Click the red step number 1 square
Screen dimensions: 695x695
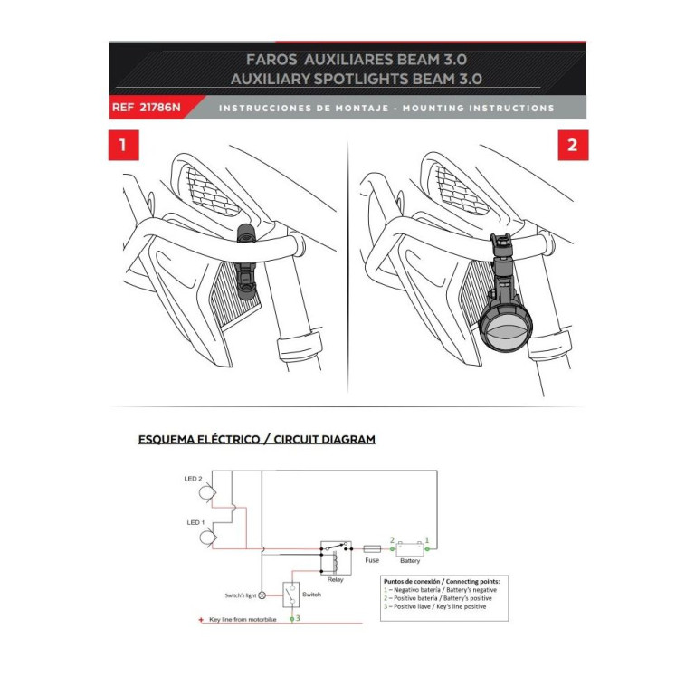click(x=124, y=145)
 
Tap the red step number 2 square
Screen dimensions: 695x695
click(x=573, y=145)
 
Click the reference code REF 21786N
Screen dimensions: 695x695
click(x=147, y=108)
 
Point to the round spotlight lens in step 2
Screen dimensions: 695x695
click(x=505, y=328)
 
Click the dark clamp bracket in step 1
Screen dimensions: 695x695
click(x=246, y=262)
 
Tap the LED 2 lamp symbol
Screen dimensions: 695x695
click(x=206, y=493)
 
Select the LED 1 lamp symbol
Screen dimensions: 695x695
click(x=206, y=538)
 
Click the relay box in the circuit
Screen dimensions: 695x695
click(x=337, y=557)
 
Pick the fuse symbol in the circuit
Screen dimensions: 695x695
click(x=372, y=549)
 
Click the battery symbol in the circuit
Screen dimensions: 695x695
click(x=410, y=549)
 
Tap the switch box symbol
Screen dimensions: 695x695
click(x=291, y=595)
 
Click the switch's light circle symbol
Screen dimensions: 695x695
click(x=262, y=595)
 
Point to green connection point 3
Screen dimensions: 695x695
click(x=292, y=619)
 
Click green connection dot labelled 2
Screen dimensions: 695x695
click(x=392, y=549)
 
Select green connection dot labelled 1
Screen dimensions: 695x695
click(x=427, y=549)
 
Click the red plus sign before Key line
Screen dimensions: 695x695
click(x=201, y=620)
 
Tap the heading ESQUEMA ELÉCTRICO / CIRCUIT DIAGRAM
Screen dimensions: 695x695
click(x=257, y=439)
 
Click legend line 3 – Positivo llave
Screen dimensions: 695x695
click(x=434, y=606)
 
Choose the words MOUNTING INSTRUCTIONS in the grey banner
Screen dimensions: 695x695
click(x=479, y=109)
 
